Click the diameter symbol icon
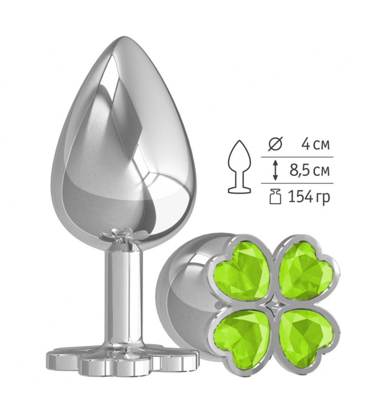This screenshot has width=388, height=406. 275,145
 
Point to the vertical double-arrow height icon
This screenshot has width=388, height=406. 275,171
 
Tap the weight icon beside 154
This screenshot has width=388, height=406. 275,197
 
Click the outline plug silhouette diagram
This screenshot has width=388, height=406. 240,166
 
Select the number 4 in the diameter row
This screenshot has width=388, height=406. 306,145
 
